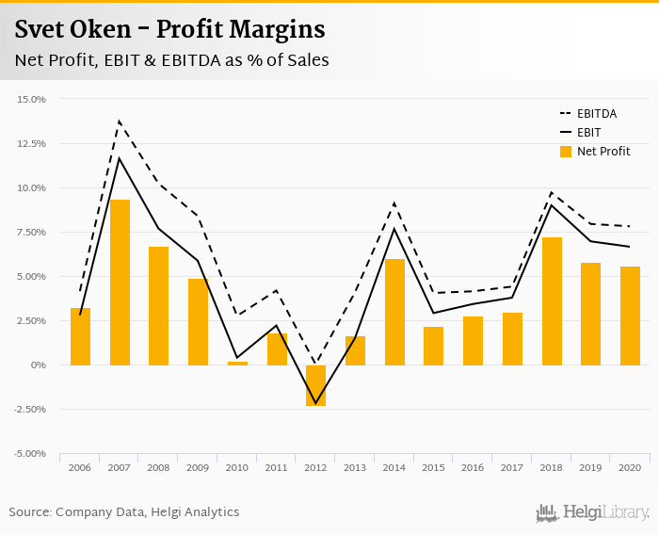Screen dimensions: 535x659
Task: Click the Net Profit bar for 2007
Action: [x=120, y=283]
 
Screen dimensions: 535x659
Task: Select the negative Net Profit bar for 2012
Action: [x=316, y=385]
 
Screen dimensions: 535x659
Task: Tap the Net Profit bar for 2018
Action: [x=552, y=301]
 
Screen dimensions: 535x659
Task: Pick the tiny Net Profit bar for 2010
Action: [x=237, y=363]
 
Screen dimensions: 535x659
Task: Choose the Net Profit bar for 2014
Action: [x=394, y=312]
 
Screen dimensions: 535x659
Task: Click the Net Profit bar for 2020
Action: [x=630, y=316]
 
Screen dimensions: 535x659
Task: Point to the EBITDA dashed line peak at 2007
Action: [x=120, y=122]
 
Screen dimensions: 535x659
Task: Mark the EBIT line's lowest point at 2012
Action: [x=316, y=403]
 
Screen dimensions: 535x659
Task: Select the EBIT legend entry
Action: [x=588, y=133]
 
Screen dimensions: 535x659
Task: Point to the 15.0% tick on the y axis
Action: [x=31, y=99]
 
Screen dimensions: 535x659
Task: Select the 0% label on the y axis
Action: [x=38, y=365]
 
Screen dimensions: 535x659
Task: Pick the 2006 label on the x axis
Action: [x=80, y=466]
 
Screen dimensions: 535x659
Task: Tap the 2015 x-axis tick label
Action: [x=433, y=466]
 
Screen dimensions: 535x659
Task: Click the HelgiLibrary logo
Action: [x=593, y=512]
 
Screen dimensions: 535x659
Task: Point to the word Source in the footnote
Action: [x=29, y=512]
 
